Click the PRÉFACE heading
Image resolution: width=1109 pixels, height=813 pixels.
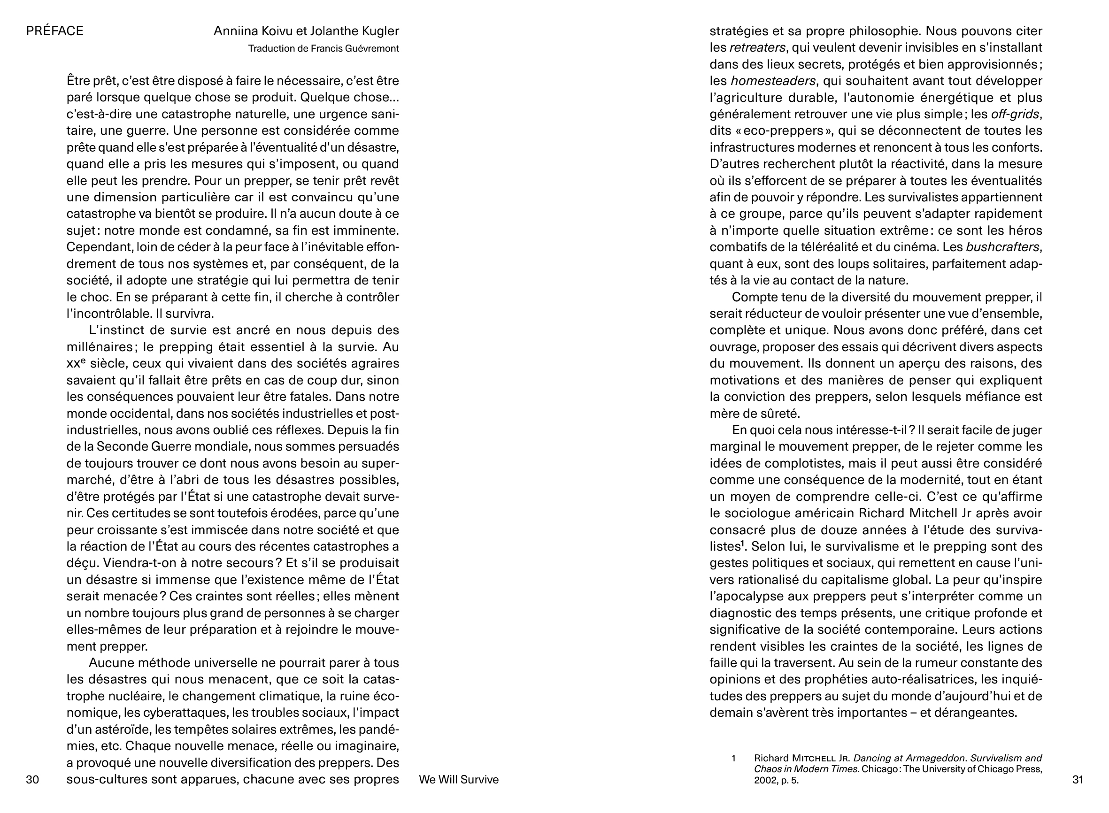click(x=54, y=31)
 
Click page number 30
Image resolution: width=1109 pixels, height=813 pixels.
click(x=32, y=780)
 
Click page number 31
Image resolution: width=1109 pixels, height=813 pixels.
click(x=1078, y=780)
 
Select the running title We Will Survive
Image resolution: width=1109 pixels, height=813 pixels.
click(x=458, y=780)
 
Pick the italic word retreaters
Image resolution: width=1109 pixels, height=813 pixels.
click(x=757, y=48)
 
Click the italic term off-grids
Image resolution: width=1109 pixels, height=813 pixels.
click(x=1016, y=114)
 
